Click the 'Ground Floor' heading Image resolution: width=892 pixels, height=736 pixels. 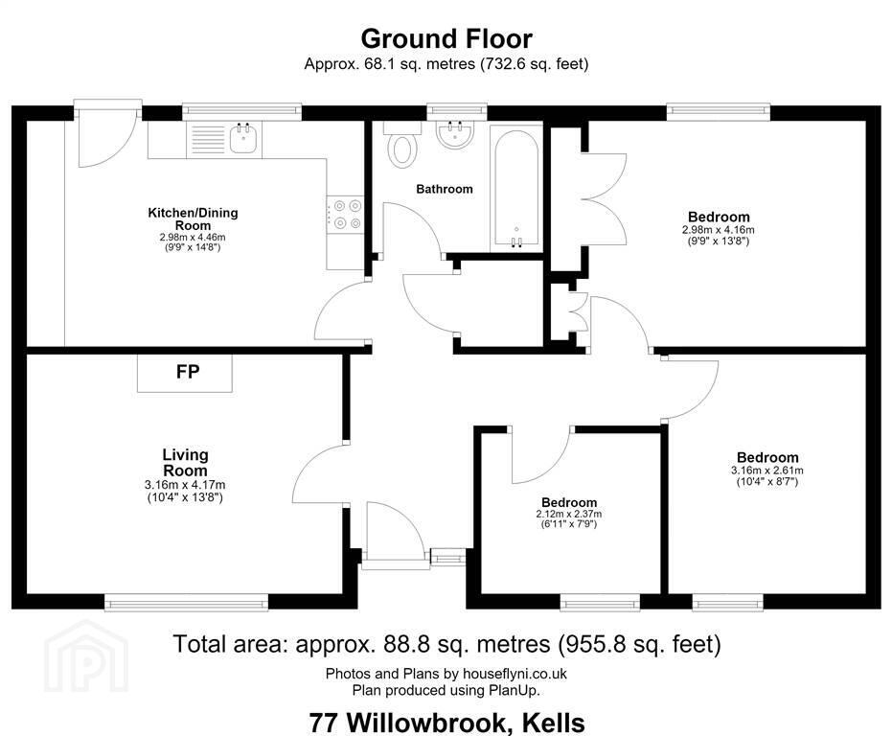[x=446, y=38]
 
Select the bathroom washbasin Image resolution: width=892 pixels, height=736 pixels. [x=455, y=135]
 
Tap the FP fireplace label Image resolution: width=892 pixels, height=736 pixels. [x=188, y=372]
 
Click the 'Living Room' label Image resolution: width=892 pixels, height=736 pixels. [x=186, y=463]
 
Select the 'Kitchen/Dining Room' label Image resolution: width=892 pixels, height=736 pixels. [x=193, y=218]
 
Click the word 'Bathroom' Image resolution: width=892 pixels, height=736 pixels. [x=445, y=189]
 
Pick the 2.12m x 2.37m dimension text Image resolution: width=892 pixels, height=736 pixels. [x=569, y=514]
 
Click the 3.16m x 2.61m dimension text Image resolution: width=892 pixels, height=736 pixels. [x=767, y=471]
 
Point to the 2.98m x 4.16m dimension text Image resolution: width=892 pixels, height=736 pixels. [x=719, y=230]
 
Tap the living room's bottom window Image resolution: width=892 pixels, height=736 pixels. [x=186, y=602]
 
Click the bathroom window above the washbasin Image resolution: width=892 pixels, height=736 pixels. [x=457, y=111]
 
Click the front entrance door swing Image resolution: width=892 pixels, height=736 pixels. [x=395, y=532]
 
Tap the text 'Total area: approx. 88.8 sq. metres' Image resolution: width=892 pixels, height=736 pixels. [x=362, y=644]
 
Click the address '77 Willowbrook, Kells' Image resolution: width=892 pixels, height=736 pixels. [x=447, y=723]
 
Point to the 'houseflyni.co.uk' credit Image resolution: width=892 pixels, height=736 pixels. [x=515, y=674]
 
